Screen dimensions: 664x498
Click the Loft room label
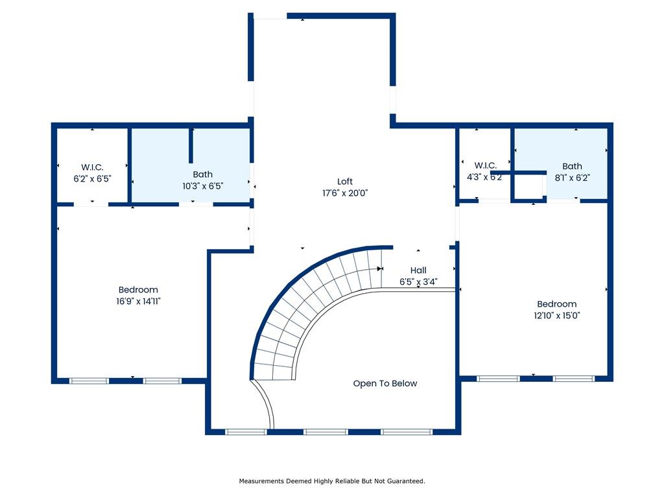tap(345, 182)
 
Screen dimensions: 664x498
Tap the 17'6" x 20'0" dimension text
tap(345, 193)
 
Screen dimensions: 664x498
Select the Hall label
tap(418, 270)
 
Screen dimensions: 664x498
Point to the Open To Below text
tap(385, 383)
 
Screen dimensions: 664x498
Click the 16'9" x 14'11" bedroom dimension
tap(139, 301)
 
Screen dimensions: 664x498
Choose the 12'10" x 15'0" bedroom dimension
tap(557, 316)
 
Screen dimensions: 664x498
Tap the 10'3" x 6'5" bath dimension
tap(203, 186)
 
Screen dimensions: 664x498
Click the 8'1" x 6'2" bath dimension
tap(572, 178)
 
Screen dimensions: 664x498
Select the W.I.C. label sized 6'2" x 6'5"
tap(92, 167)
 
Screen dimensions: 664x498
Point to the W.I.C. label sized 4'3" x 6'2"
tap(485, 165)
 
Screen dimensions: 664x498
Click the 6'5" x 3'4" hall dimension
tap(418, 281)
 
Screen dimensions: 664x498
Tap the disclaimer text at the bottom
tap(332, 481)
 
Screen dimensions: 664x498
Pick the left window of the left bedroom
tap(89, 381)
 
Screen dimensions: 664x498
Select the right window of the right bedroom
tap(574, 379)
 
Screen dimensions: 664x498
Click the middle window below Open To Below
tap(326, 432)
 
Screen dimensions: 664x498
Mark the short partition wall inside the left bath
tap(191, 145)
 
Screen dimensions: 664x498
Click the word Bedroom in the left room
tap(138, 290)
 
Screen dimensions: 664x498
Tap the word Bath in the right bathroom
tap(572, 167)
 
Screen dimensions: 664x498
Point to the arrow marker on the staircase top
tap(380, 268)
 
